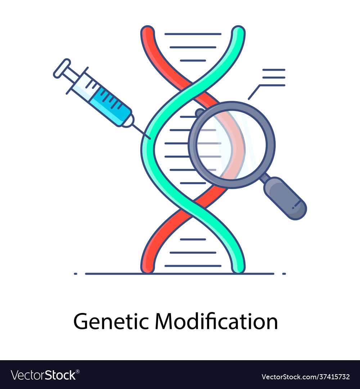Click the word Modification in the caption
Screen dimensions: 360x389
coord(216,321)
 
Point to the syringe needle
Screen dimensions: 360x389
coord(141,132)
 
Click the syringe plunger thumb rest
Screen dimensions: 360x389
coord(62,68)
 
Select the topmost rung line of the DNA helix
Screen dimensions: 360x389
coord(193,34)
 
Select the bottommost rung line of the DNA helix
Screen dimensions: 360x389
coord(193,266)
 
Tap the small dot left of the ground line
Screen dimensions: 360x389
coord(76,274)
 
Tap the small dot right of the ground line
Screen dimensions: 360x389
coord(284,274)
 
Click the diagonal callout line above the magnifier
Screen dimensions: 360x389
coord(254,92)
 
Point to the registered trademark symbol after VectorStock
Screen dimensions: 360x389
coord(78,371)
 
